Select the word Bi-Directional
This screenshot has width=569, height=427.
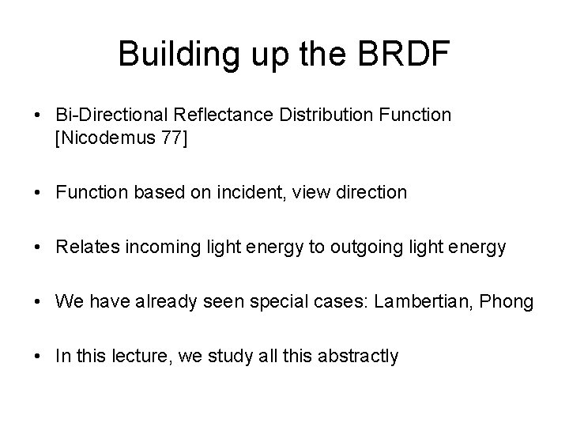[104, 115]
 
